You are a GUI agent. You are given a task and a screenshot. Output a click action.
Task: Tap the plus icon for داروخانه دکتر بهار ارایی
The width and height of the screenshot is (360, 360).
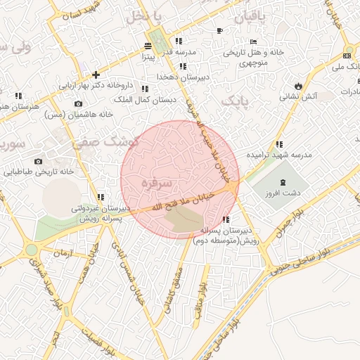click(96, 75)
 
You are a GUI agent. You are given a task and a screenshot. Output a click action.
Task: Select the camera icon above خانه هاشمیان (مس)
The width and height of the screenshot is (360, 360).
click(78, 104)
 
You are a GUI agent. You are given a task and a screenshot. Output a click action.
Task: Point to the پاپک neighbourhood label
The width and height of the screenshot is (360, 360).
click(234, 102)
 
